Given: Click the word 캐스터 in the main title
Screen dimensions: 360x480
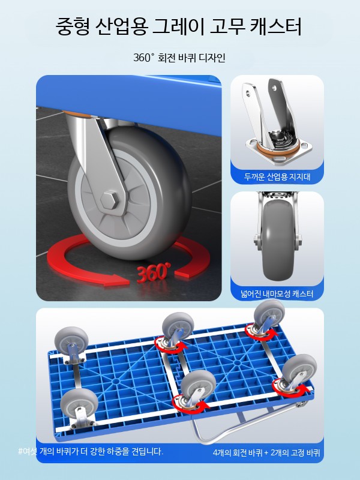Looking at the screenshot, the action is point(276,26).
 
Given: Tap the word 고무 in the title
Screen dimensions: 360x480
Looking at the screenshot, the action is point(227,26).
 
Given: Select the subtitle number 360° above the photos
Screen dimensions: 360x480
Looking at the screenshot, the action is point(143,58).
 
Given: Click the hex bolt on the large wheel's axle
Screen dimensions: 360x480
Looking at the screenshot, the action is point(110,200).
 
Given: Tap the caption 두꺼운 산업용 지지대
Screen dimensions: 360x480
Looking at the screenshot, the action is point(277,176).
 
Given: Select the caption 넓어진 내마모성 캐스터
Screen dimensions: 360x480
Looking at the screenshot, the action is point(277,294).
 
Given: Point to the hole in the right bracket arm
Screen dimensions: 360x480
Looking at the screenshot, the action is point(274,88).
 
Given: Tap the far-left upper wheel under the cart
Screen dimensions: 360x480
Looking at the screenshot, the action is point(71,340).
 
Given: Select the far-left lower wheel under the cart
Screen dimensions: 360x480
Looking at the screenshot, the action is point(79,403).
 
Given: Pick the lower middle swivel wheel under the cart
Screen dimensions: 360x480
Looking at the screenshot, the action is point(198,385).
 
